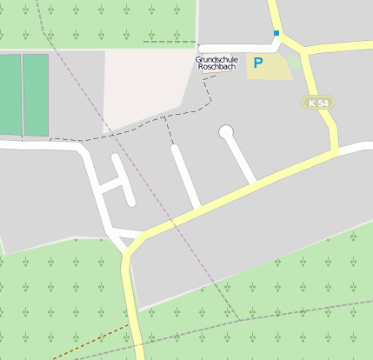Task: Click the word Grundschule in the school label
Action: tap(216, 59)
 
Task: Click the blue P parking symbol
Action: tap(257, 63)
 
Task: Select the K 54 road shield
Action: tap(319, 103)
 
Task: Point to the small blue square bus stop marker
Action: tap(276, 33)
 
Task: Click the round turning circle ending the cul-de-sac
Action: tap(227, 132)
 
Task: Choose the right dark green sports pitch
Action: tap(36, 94)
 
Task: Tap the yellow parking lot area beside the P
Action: tap(276, 67)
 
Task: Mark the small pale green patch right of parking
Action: tap(296, 61)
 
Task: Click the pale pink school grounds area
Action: tap(143, 87)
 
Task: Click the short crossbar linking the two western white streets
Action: tap(110, 184)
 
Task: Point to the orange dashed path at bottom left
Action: tap(87, 342)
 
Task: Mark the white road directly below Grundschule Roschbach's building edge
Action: tap(235, 43)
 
